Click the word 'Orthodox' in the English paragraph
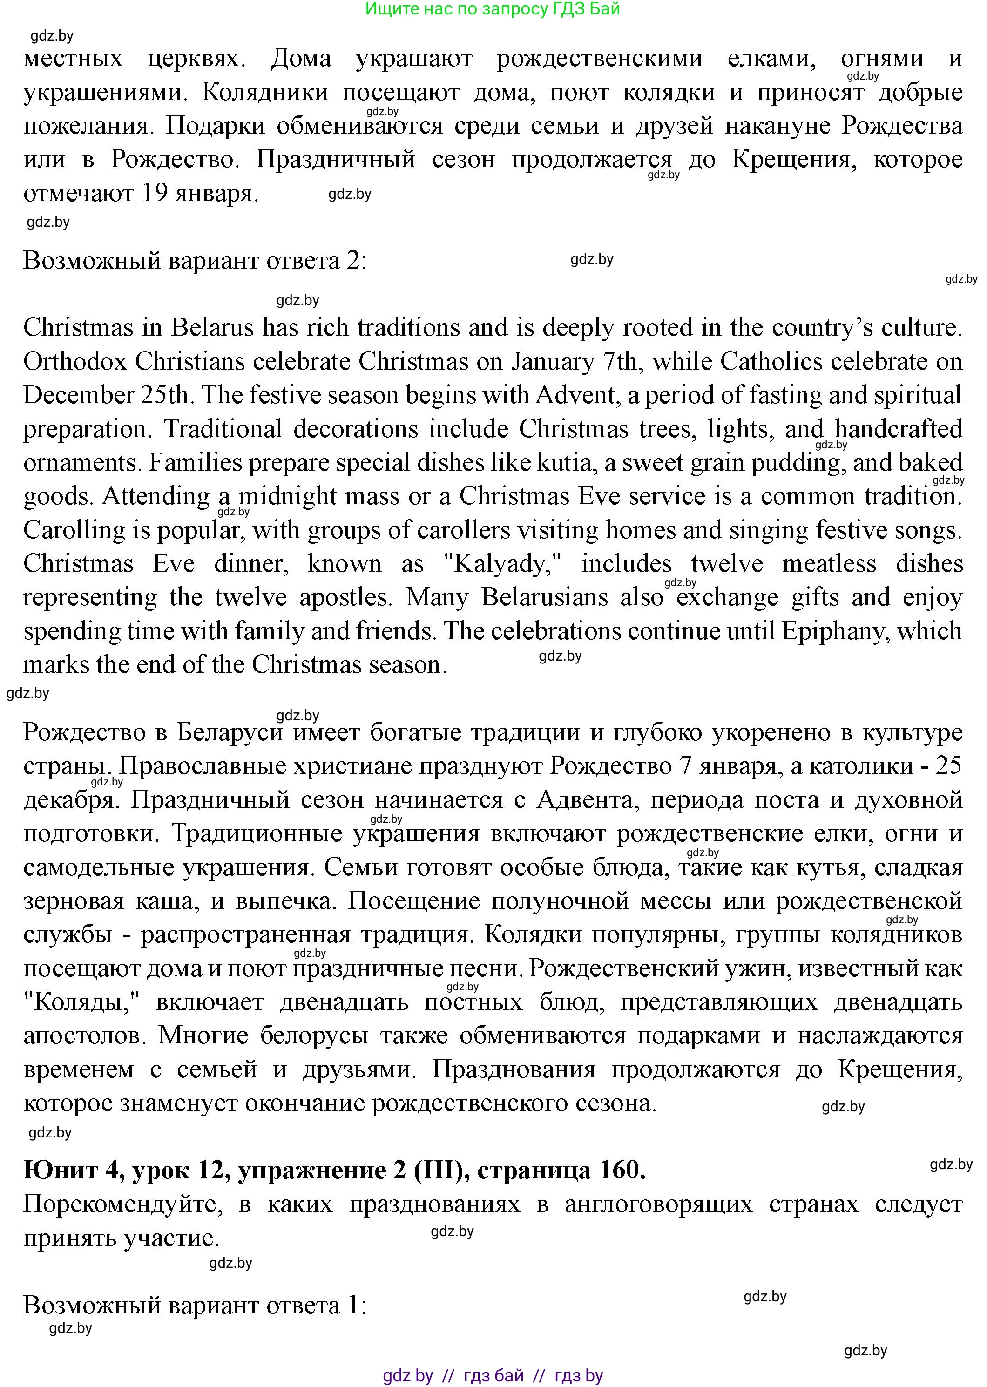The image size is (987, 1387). (x=75, y=362)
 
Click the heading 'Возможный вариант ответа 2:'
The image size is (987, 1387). (x=195, y=261)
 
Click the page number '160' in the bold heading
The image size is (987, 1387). (x=622, y=1170)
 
